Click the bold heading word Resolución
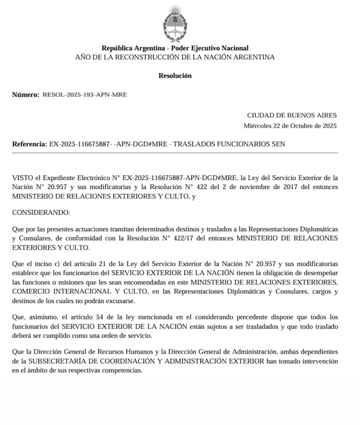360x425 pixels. pos(175,76)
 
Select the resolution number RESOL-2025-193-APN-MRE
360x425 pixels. pos(85,95)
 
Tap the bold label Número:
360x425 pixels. pos(26,95)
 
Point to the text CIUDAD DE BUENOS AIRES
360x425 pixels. pos(292,115)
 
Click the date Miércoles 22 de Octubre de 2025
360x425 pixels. pos(290,126)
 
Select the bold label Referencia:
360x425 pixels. pos(30,144)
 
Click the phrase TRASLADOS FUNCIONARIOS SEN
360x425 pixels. pos(229,144)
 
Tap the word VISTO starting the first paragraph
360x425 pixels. pos(22,178)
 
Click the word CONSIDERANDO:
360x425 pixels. pos(41,212)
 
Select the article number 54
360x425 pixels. pos(99,317)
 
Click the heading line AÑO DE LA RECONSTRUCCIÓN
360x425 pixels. pos(175,57)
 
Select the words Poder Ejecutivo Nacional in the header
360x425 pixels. pos(210,48)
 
